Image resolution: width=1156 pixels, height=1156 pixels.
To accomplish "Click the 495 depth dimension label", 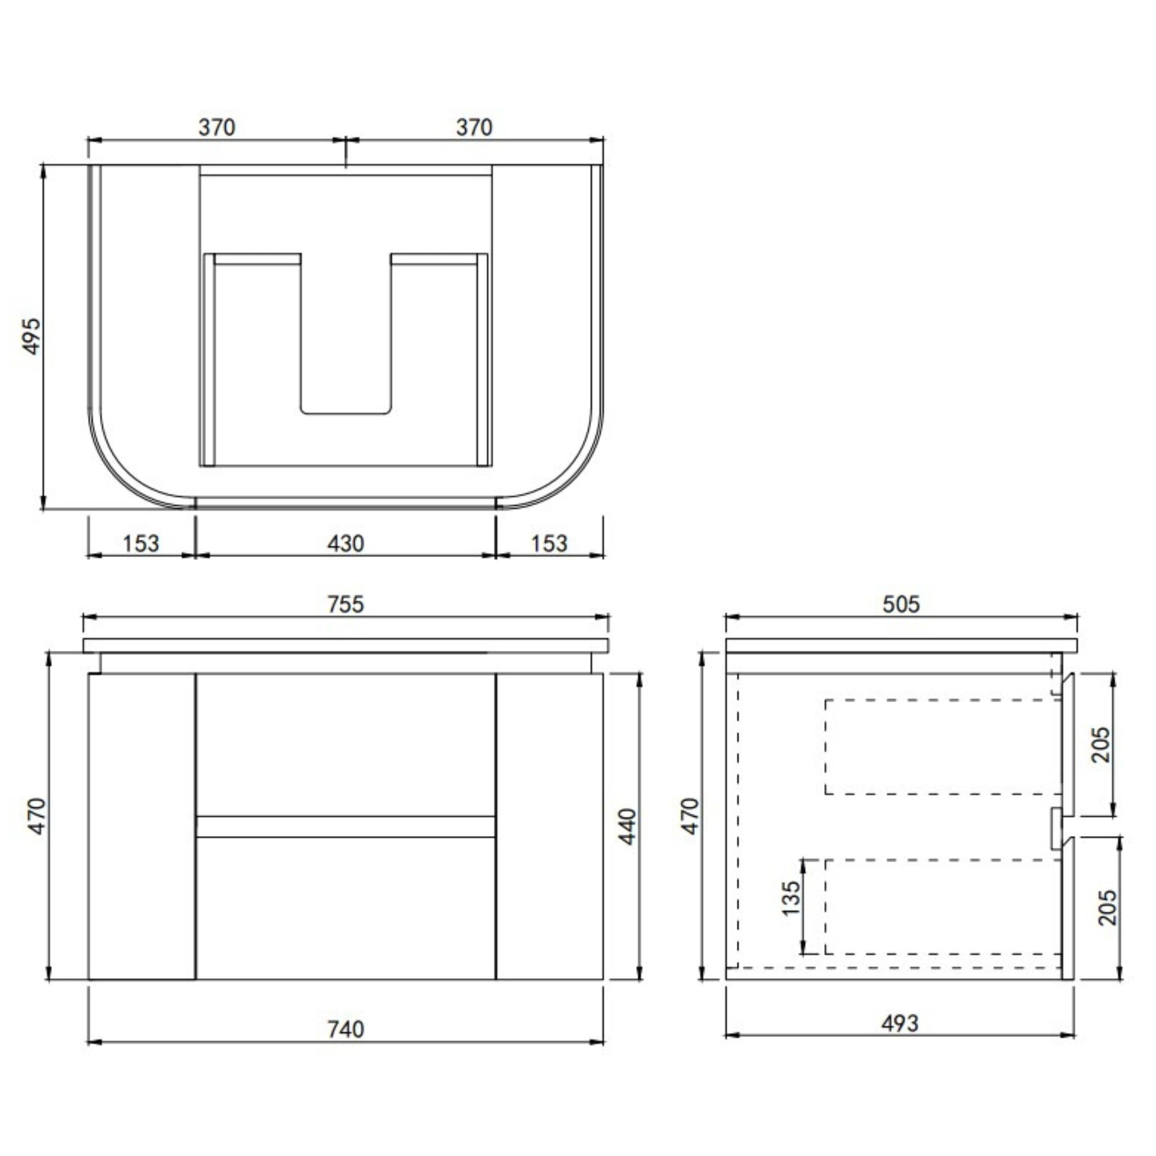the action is click(32, 336).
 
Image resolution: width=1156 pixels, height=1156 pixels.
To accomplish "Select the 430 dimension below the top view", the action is click(345, 544).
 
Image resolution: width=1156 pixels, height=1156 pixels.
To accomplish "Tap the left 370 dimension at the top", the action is click(217, 127).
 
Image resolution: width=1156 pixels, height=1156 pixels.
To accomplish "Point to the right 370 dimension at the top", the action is click(474, 127).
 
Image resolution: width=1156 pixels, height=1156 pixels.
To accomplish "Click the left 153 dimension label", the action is click(141, 544).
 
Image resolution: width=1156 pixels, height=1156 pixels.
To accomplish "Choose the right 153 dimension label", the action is click(549, 544).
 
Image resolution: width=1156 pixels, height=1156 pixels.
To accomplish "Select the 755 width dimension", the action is click(345, 604).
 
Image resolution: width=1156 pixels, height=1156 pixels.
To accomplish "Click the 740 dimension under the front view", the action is click(345, 1029).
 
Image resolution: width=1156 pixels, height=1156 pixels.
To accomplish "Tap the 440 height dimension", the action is click(627, 826).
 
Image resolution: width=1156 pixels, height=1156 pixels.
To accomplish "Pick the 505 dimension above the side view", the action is click(901, 604).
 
